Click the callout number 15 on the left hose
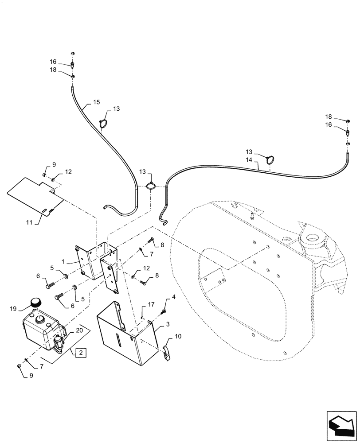(x=96, y=102)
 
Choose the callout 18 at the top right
(x=329, y=117)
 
